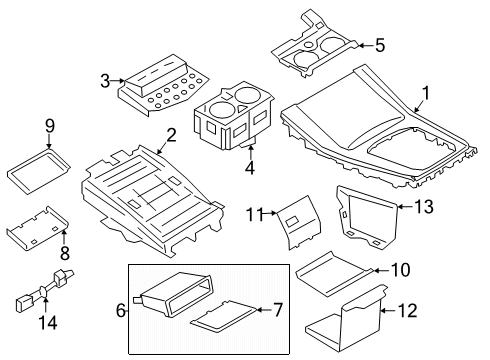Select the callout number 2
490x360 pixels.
pos(171,135)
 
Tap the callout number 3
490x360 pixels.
pos(105,80)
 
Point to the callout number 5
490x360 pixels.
pos(379,44)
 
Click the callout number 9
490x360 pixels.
pos(48,126)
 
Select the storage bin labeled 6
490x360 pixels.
pos(176,298)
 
